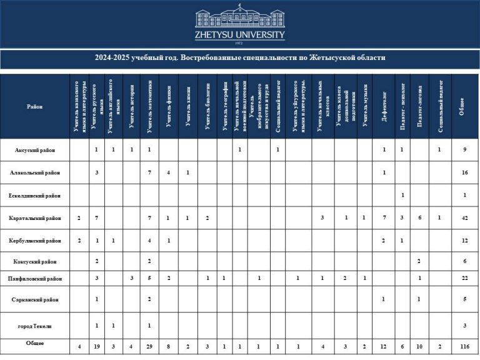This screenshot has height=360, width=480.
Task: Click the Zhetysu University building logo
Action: click(x=240, y=18)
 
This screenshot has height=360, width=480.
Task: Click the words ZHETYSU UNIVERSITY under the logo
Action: click(x=240, y=35)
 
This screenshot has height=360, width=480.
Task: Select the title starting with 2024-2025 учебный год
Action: click(x=240, y=57)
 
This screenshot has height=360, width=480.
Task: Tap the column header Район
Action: click(x=35, y=106)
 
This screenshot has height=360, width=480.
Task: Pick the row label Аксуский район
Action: click(x=35, y=149)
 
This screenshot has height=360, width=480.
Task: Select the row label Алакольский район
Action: click(x=35, y=172)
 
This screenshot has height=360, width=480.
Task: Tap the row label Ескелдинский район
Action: click(x=35, y=195)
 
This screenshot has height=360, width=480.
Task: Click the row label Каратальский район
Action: click(x=35, y=218)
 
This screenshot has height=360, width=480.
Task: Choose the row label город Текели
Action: click(x=35, y=326)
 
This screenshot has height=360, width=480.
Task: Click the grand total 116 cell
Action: click(x=464, y=346)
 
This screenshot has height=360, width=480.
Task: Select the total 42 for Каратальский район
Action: click(x=464, y=218)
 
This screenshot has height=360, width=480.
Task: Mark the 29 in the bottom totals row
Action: click(x=149, y=346)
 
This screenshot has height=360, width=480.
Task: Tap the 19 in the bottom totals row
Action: click(x=96, y=346)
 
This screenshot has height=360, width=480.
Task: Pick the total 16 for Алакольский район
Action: click(x=464, y=172)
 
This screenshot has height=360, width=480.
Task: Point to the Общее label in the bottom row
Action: click(x=35, y=344)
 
